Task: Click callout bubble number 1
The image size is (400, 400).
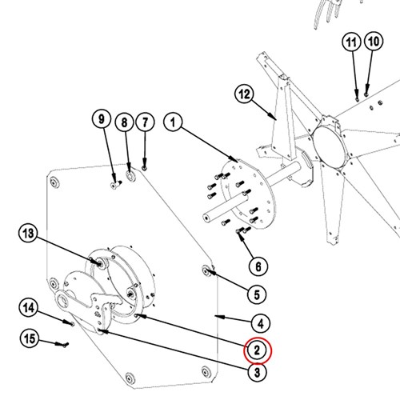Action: [x=174, y=122]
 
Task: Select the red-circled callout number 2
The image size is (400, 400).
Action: [x=258, y=350]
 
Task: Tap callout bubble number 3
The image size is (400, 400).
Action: [x=257, y=372]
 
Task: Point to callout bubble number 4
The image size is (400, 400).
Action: [x=261, y=323]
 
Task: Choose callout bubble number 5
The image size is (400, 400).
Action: [x=257, y=294]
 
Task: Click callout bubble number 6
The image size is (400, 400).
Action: [x=258, y=266]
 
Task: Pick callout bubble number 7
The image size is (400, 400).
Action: [x=145, y=122]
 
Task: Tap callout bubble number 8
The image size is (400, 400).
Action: [x=125, y=122]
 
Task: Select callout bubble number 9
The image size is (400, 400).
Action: [x=102, y=119]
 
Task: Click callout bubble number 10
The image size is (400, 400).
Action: [x=374, y=42]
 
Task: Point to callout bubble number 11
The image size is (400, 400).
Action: [x=351, y=42]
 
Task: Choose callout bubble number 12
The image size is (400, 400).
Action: [x=244, y=94]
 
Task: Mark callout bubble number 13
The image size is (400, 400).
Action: [x=29, y=234]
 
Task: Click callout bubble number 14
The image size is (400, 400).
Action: [x=29, y=308]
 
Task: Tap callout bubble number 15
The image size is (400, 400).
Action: [x=30, y=338]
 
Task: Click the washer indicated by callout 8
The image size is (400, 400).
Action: [x=130, y=175]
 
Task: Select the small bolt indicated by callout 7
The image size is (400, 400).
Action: [x=145, y=168]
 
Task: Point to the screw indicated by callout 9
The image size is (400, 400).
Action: [x=116, y=184]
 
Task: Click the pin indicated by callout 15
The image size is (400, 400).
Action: [x=64, y=345]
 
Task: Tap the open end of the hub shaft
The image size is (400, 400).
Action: [x=206, y=218]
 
